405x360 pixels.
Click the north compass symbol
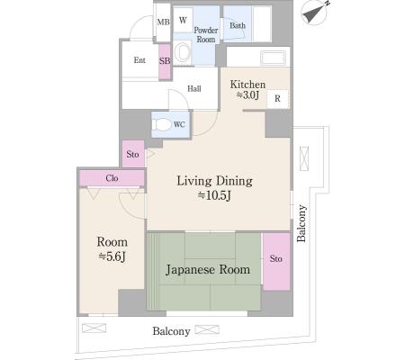tap(315, 12)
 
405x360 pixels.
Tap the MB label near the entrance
tap(163, 22)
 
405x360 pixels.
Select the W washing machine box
tap(183, 20)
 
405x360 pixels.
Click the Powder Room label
tap(206, 34)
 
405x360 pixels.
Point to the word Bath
tap(238, 25)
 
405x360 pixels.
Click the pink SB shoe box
tap(165, 62)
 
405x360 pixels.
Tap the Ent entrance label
tap(139, 60)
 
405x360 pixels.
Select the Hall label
tap(194, 88)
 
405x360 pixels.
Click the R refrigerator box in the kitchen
tap(277, 98)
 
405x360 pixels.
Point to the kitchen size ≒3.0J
tap(247, 95)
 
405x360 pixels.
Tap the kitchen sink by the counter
tap(273, 58)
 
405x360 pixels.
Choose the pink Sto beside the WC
tap(133, 154)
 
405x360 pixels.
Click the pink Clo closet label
tap(112, 178)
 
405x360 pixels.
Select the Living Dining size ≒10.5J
tap(214, 195)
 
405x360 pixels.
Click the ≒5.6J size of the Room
tap(112, 256)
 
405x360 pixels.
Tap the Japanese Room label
tap(208, 270)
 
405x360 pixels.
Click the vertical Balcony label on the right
tap(301, 223)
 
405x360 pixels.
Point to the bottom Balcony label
tap(171, 331)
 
